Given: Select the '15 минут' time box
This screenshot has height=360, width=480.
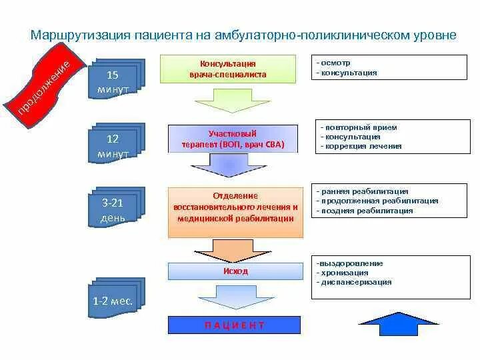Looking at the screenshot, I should point(115,79).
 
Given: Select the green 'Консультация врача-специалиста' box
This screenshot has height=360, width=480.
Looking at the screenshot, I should point(227,69).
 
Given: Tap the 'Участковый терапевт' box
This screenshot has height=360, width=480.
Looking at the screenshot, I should point(227,139).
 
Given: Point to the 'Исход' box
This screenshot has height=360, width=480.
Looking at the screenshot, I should point(235,271).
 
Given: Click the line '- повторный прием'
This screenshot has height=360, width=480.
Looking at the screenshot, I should point(359,127).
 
